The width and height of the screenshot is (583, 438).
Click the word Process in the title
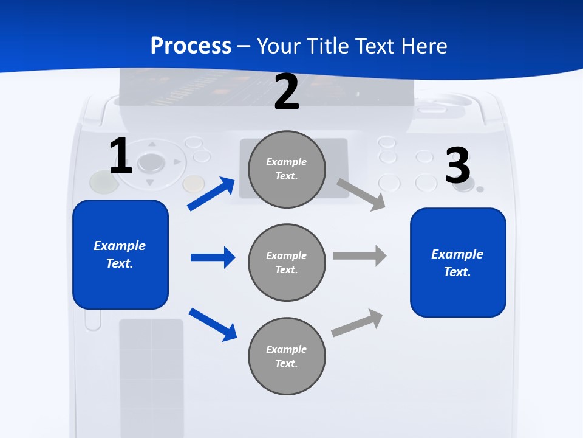point(191,46)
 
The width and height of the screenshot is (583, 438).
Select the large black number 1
point(121,156)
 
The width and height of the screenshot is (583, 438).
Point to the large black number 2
point(287,92)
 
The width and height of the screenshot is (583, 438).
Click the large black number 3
point(457,166)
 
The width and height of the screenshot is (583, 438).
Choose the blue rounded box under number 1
point(120,254)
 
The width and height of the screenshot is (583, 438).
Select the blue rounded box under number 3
point(458,262)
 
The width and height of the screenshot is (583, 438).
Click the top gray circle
point(287,169)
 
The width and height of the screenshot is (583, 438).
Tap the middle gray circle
point(287,262)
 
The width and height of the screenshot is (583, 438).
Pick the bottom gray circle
point(287,356)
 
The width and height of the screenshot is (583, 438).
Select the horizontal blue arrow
point(213,257)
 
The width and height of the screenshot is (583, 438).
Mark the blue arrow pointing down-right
point(213,324)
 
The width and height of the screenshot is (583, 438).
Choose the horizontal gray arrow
point(360,255)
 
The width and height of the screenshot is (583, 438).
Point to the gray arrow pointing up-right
point(358,322)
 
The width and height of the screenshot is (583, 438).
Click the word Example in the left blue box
point(120,246)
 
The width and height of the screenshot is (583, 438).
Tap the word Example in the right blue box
point(457,254)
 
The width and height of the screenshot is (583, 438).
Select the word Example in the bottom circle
point(286,349)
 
